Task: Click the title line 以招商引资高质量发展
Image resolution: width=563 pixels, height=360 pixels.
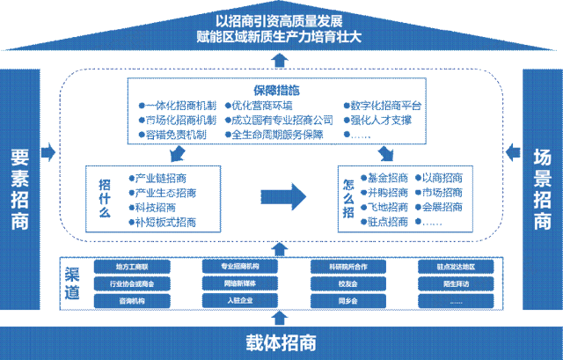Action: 281,20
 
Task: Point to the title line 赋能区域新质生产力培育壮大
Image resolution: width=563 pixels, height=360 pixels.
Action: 281,38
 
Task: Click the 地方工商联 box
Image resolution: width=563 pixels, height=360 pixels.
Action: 132,266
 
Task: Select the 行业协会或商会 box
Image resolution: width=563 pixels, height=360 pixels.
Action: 132,283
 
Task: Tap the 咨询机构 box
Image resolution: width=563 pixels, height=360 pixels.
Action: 132,301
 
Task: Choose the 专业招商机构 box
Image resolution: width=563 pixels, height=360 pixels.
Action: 240,266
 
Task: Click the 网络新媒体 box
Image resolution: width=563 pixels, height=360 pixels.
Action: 240,283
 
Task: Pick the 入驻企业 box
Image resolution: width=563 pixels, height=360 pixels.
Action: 240,301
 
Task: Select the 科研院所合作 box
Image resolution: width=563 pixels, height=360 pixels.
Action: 350,266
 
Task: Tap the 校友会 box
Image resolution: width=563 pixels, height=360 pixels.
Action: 350,283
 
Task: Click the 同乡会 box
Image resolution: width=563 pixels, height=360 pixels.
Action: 350,301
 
